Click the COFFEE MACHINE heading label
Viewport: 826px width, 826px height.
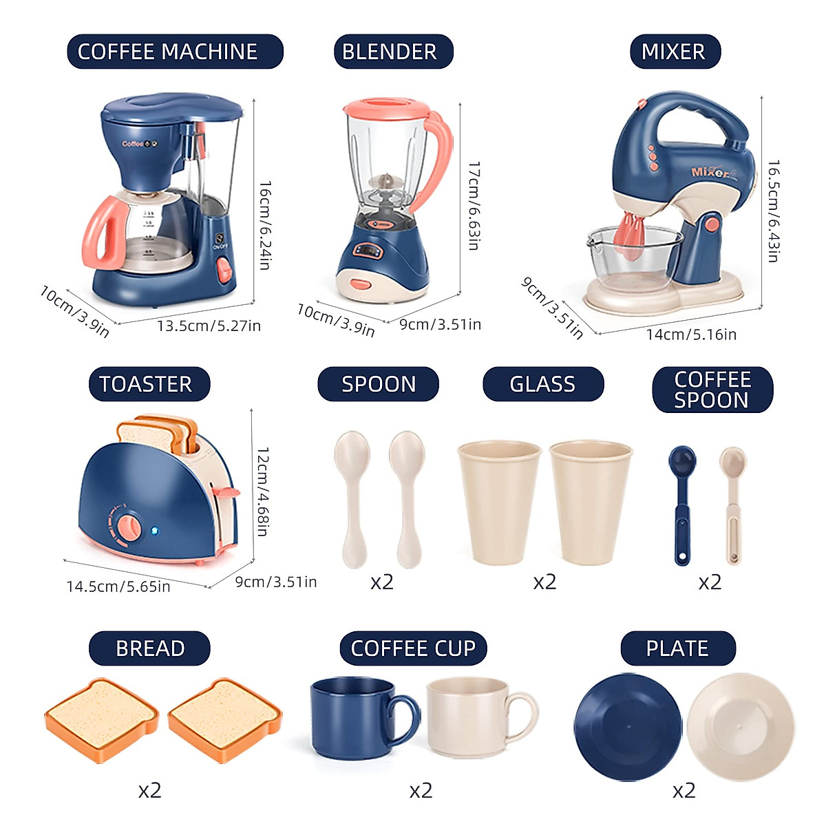[x=175, y=52]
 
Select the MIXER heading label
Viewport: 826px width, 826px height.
[x=675, y=52]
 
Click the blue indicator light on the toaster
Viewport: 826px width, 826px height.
[x=155, y=531]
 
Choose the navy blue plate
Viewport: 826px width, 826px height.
[x=627, y=726]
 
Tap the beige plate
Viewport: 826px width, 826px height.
[x=741, y=726]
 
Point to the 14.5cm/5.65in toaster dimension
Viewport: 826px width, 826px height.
[x=118, y=586]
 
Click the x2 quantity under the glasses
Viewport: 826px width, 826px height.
[x=544, y=582]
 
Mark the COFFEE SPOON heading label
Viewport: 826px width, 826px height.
[x=712, y=390]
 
